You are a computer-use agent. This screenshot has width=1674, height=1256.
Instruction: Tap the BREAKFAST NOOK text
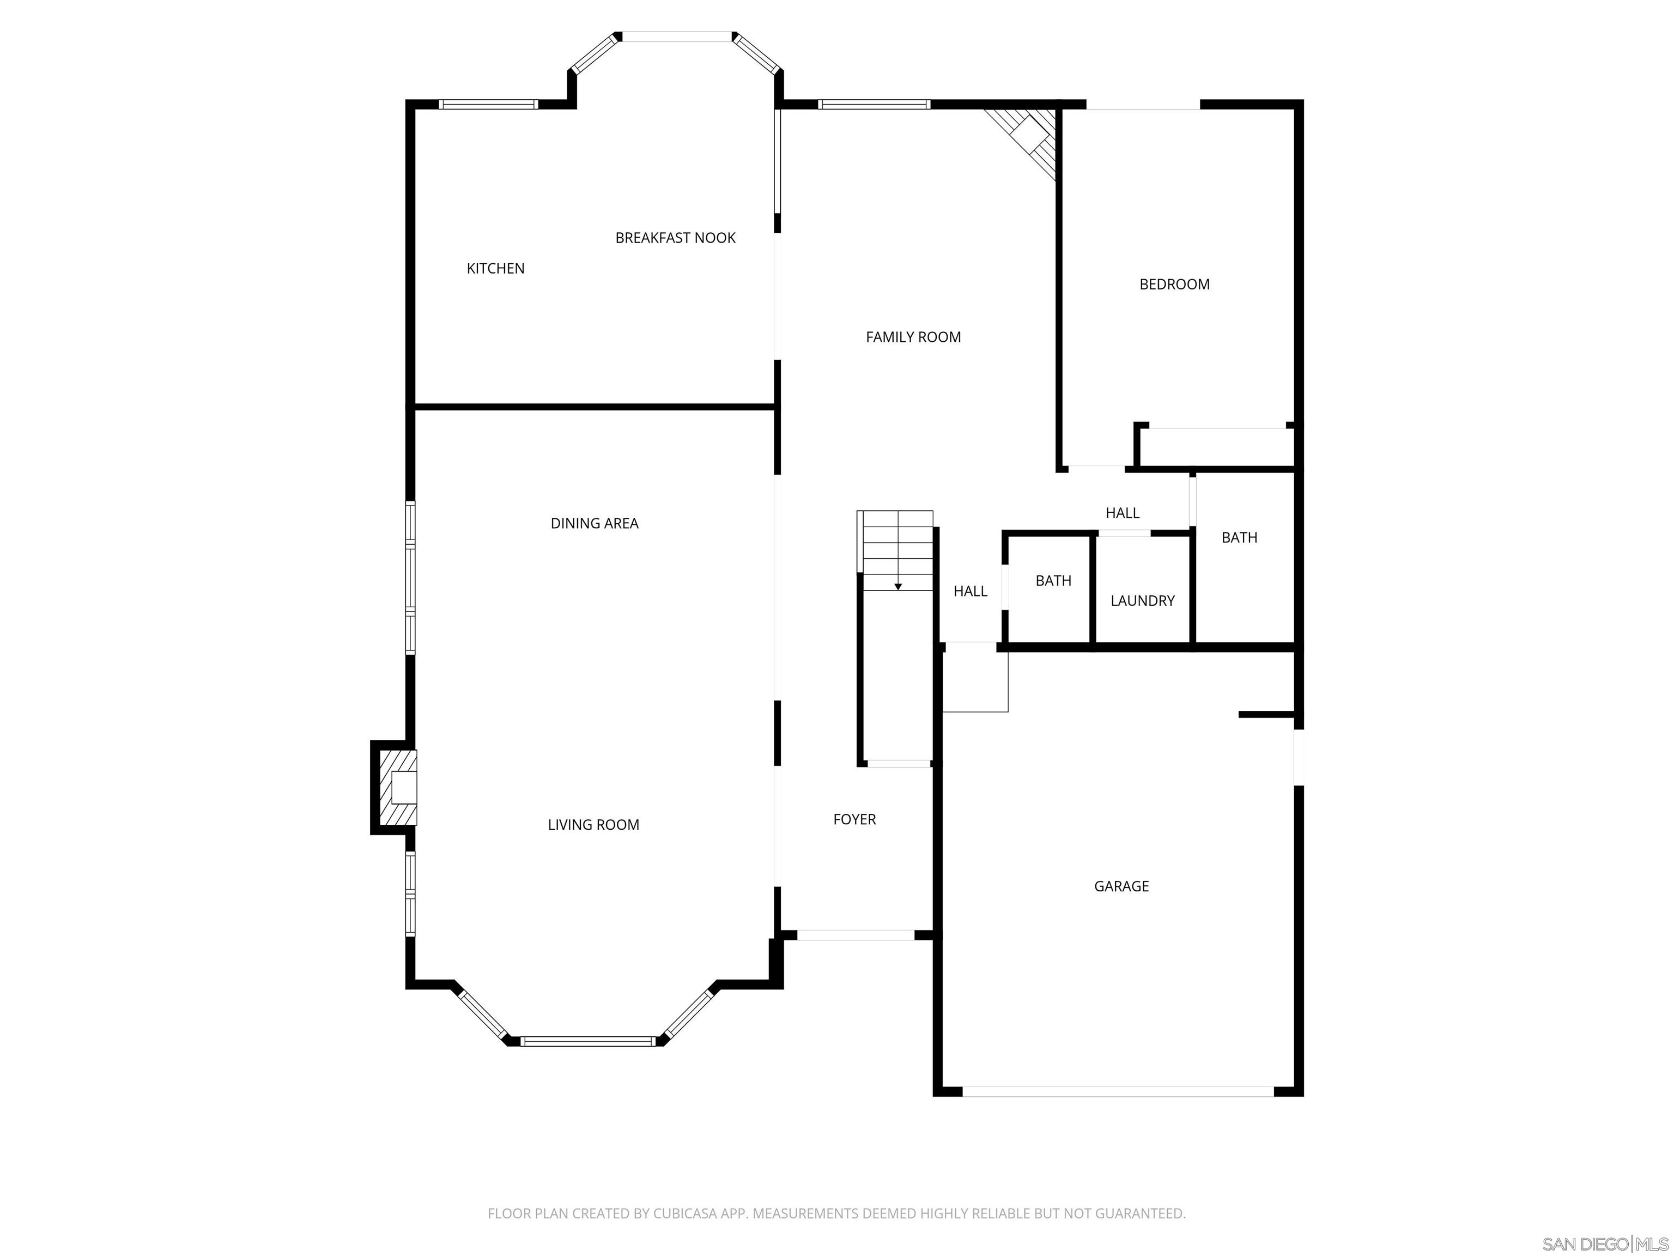(x=675, y=238)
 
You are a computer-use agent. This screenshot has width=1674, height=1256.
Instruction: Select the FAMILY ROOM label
(x=913, y=337)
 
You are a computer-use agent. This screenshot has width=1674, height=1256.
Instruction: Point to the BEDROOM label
(x=1174, y=284)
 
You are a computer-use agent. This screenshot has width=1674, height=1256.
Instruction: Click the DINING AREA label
(x=594, y=523)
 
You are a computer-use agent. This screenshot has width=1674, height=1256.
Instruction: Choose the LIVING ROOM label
(x=593, y=824)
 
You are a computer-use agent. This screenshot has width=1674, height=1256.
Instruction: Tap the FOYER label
(x=854, y=819)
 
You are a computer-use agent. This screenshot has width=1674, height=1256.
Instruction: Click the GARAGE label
(x=1121, y=886)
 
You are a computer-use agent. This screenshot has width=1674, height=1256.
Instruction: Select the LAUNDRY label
(x=1142, y=600)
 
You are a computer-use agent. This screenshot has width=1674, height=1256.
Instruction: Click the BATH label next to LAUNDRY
(x=1053, y=581)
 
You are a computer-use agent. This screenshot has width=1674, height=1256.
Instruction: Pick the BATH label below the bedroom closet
(x=1239, y=538)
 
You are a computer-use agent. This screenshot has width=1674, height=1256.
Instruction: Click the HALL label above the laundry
(x=1123, y=512)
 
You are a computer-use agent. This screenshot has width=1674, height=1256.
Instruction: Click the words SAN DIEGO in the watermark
(x=1585, y=1244)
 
